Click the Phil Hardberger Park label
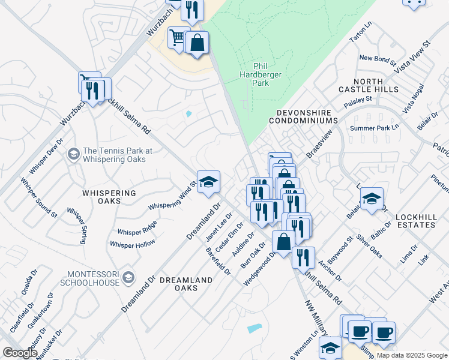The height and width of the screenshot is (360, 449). (261, 75)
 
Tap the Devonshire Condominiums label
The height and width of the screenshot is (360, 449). (307, 116)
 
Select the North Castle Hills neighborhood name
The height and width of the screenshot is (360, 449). (376, 85)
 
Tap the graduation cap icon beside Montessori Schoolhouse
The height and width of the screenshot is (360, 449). (128, 277)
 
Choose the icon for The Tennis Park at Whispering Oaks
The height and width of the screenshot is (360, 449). (73, 155)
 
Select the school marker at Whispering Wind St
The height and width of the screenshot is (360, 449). (208, 182)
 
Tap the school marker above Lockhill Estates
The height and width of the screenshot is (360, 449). (372, 199)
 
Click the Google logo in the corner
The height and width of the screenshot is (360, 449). (20, 352)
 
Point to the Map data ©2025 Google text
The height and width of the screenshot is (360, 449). (412, 355)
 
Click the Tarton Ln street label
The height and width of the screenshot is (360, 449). (360, 35)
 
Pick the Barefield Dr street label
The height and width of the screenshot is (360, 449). (218, 260)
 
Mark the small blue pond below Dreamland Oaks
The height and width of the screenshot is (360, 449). (255, 328)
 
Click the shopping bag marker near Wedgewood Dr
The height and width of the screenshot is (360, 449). (283, 242)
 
